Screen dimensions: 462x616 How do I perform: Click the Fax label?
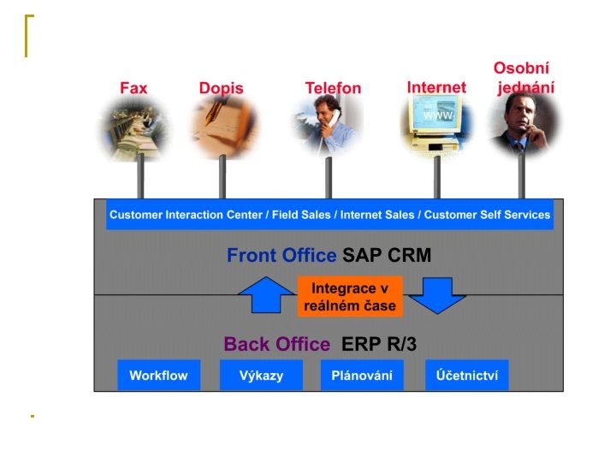[133, 88]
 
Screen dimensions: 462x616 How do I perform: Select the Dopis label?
[221, 88]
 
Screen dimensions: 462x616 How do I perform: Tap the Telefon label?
[333, 88]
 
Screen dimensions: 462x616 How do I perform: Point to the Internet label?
[436, 87]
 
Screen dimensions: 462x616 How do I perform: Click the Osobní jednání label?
[523, 78]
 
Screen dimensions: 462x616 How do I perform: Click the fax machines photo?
[133, 129]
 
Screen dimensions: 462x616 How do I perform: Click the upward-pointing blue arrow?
[265, 295]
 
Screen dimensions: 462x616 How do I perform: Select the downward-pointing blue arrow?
[436, 295]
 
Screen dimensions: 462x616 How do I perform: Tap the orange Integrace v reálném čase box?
[349, 296]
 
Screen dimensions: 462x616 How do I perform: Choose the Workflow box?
[158, 376]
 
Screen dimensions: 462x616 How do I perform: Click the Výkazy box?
[261, 376]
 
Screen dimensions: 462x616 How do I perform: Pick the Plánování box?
[361, 376]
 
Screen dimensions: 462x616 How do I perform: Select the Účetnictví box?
[466, 376]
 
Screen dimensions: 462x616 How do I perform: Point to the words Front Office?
[281, 255]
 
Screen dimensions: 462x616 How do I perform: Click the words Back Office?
[276, 345]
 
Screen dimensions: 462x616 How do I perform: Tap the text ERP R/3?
[379, 345]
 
